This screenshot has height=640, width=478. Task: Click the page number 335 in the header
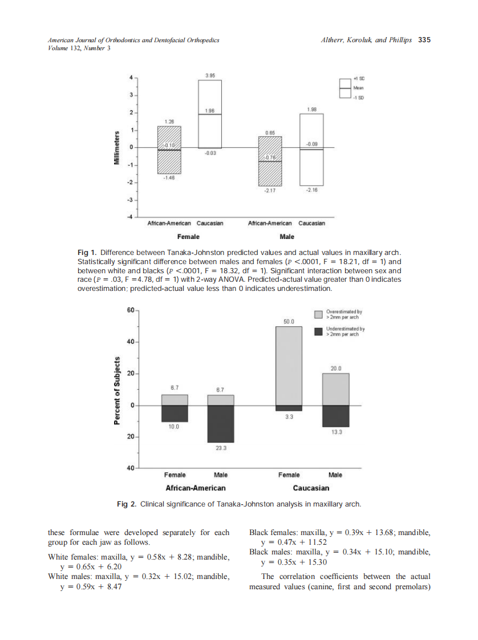tap(424, 40)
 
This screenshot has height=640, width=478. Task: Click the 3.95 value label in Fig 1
tap(209, 75)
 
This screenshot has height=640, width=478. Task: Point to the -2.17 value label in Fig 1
tap(270, 191)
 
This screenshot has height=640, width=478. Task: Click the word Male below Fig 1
tap(287, 236)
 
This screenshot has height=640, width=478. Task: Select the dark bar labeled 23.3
tap(220, 423)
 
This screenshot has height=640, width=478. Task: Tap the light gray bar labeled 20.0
tap(335, 389)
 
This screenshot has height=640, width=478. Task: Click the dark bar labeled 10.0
tap(175, 413)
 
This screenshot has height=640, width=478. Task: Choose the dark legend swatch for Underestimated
tap(319, 331)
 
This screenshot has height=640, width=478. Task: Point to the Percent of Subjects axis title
tap(117, 390)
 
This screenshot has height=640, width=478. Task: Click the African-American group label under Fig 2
tap(195, 488)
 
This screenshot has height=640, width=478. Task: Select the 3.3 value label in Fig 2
tap(289, 418)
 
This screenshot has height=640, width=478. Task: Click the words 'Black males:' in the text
tap(270, 552)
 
